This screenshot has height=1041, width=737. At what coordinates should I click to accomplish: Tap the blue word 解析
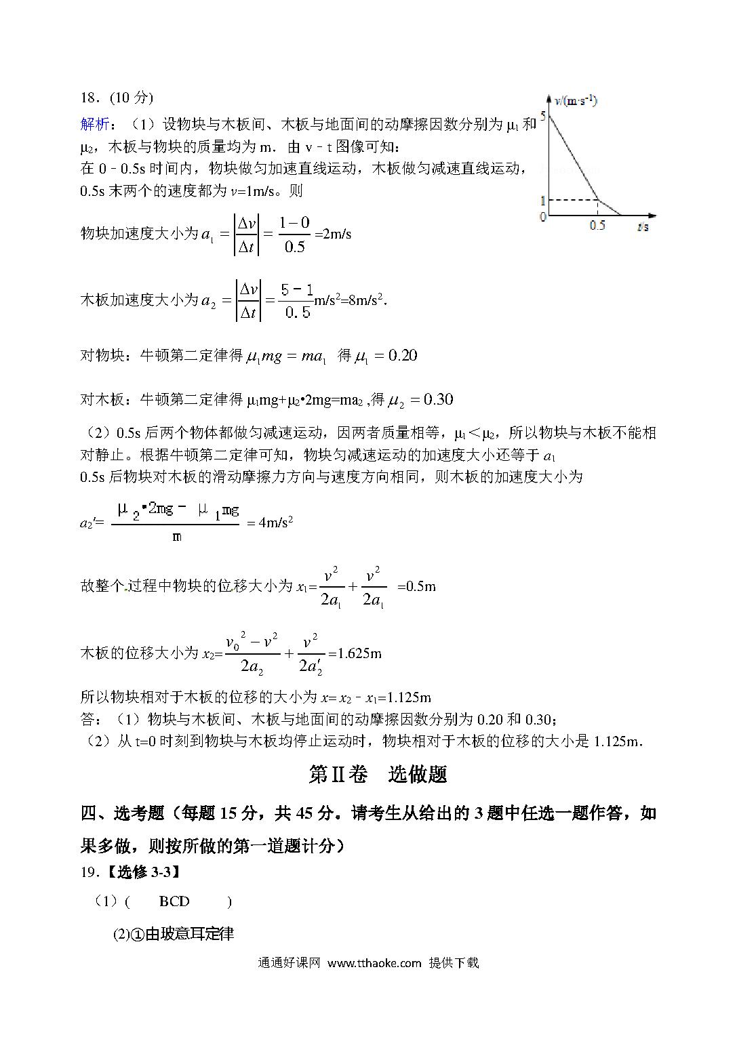pos(94,124)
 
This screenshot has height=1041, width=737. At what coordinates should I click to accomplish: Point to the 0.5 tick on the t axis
pos(597,226)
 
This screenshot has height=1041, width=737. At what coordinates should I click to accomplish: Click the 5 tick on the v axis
pos(542,115)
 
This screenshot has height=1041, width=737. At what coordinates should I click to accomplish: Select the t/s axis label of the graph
pos(643,227)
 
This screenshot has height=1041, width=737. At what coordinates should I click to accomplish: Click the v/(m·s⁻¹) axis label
pos(576,102)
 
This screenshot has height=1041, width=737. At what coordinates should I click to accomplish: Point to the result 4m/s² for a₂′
pos(276,522)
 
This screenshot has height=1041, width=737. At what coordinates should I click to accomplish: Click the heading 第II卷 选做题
pos(378,774)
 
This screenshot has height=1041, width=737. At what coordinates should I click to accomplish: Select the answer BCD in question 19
pos(174,901)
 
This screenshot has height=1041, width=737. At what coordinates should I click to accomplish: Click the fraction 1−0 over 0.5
pos(294,234)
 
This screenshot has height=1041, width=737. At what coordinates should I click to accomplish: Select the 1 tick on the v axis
pos(542,201)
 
